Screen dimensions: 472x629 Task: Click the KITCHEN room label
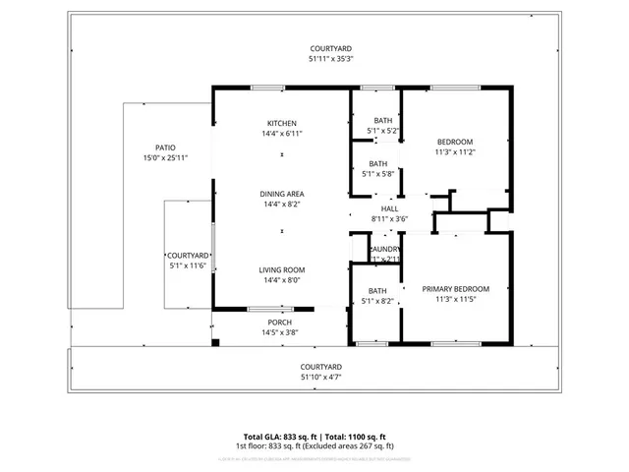point(282,123)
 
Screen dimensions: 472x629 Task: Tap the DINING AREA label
point(282,194)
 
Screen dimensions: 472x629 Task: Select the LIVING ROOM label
point(282,269)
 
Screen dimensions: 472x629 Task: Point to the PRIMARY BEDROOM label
point(455,289)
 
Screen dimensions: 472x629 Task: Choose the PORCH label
point(280,323)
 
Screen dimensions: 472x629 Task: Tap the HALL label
point(390,208)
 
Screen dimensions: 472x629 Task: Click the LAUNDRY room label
point(384,250)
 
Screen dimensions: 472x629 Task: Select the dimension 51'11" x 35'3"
point(331,59)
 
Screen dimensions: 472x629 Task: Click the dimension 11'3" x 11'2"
point(455,152)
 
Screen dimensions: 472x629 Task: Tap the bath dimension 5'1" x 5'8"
point(377,174)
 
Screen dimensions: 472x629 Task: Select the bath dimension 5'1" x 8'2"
point(377,301)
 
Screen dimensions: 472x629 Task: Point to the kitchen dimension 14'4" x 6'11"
point(282,133)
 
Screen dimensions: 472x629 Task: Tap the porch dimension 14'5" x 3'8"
point(280,332)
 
